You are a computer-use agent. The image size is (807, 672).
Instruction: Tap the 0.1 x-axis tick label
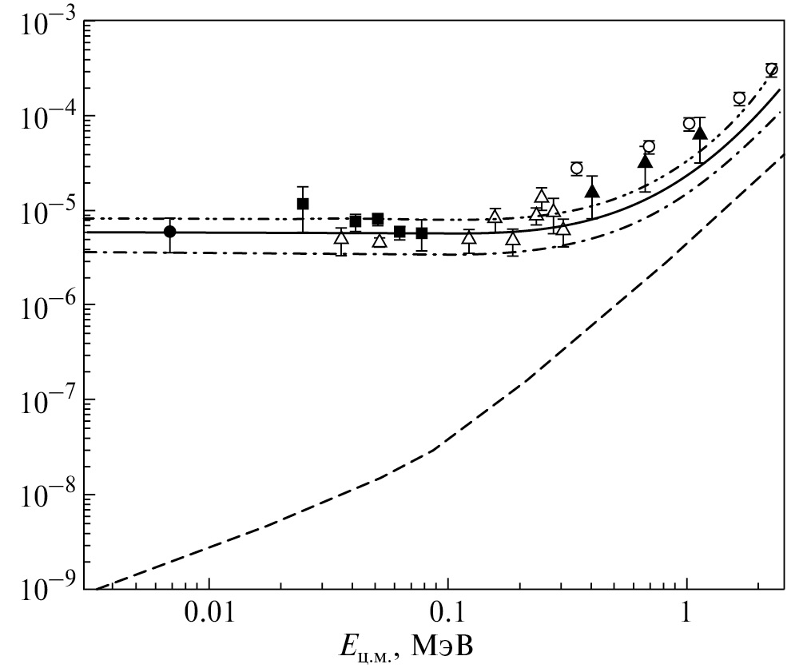pyautogui.click(x=448, y=615)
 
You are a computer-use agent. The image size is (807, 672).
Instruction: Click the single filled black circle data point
pyautogui.click(x=169, y=232)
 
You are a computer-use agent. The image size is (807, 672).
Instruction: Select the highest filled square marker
pyautogui.click(x=303, y=204)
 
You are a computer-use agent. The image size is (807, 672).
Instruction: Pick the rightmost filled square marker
pyautogui.click(x=422, y=233)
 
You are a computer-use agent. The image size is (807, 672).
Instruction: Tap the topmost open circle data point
pyautogui.click(x=771, y=70)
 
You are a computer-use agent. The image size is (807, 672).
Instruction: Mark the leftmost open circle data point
pyautogui.click(x=576, y=168)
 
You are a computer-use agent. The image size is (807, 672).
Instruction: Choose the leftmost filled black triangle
pyautogui.click(x=591, y=191)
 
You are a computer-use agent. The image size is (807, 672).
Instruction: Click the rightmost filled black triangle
pyautogui.click(x=700, y=133)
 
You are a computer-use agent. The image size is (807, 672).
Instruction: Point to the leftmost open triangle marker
pyautogui.click(x=341, y=237)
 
